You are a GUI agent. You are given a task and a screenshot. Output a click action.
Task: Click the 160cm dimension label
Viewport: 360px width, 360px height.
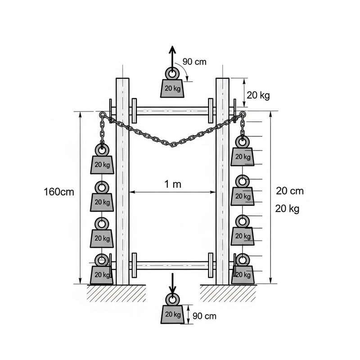point(59,192)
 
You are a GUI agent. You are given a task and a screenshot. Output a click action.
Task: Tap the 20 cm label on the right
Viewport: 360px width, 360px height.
point(290,191)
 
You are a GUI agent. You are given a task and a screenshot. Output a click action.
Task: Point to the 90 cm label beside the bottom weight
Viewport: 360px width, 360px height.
point(204,316)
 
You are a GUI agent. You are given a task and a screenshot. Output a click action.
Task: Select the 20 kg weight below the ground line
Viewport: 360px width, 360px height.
point(172,313)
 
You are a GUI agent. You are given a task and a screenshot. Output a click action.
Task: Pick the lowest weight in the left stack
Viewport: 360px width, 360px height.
point(102,274)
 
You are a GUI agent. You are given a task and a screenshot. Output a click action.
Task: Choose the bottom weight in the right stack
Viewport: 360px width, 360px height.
point(243,274)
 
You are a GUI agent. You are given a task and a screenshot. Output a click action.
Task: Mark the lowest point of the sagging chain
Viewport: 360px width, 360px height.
point(173,144)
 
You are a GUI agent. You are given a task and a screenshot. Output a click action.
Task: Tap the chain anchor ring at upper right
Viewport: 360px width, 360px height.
point(243,114)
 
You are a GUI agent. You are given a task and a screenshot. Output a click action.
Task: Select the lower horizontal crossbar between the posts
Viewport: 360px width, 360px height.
point(172,265)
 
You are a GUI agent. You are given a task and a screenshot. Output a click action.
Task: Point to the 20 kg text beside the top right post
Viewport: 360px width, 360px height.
point(258,95)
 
